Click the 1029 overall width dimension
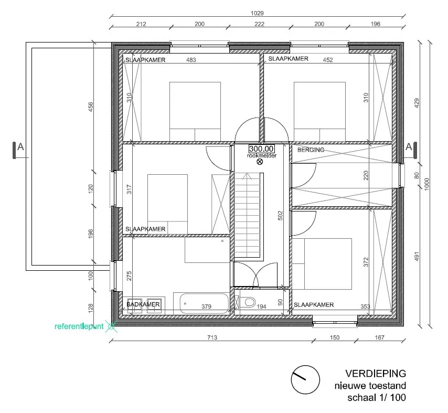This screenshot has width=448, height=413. [257, 13]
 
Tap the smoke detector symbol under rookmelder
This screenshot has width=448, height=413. [260, 162]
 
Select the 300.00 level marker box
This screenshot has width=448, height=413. [261, 149]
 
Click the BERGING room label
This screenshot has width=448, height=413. [311, 150]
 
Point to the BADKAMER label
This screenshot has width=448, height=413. [143, 304]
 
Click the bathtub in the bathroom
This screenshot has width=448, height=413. [205, 303]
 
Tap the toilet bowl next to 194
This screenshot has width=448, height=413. [249, 302]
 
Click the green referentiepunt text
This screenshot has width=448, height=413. [79, 326]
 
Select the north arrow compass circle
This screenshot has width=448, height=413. [305, 379]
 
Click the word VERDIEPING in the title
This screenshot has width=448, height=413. [376, 374]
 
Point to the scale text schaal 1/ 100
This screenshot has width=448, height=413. [377, 398]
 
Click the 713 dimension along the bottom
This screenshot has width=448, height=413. [212, 337]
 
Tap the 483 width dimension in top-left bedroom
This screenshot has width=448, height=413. [191, 60]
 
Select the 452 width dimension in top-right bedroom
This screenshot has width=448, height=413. [328, 60]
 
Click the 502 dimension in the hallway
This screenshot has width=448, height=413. [280, 216]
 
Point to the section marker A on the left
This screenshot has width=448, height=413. [20, 147]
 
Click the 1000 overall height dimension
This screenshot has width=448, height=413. [426, 184]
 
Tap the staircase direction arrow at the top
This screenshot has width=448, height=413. [247, 176]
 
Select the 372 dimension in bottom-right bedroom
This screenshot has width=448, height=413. [366, 262]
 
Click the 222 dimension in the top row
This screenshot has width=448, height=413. [260, 24]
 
